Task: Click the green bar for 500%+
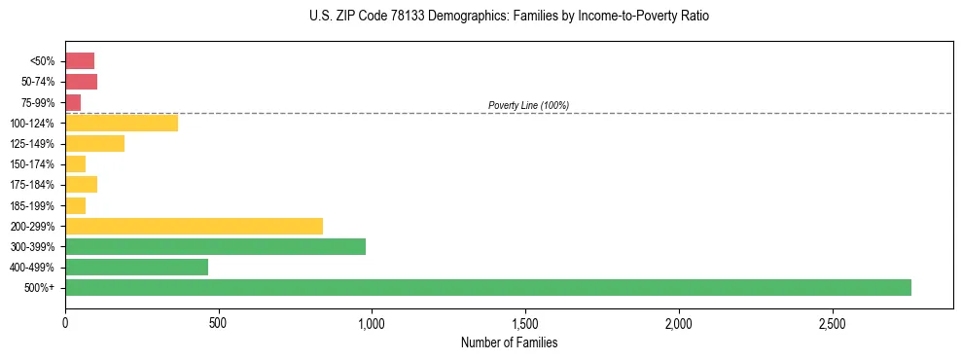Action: (487, 287)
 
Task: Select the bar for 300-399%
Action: (215, 246)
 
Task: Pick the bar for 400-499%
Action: (136, 267)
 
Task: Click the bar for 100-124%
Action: (122, 123)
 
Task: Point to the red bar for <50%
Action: (80, 61)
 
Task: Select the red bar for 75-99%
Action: (73, 102)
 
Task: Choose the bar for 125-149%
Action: (94, 143)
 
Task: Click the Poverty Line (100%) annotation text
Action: (528, 105)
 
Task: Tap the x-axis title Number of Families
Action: (509, 342)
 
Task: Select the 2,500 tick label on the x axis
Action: (832, 323)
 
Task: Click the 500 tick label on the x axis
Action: (218, 323)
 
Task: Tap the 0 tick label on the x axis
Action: (65, 323)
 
